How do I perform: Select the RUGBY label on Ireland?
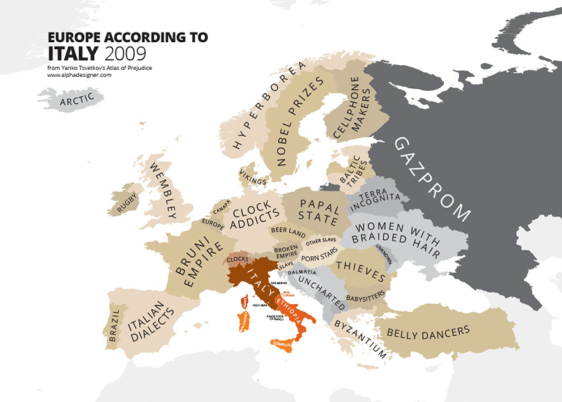point(127,205)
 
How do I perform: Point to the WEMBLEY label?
point(163,190)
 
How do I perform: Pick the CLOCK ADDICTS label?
point(255,218)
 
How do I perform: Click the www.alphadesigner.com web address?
point(79,75)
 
